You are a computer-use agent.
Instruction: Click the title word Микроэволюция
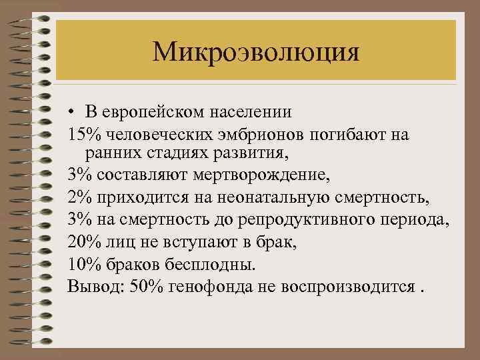coord(255,52)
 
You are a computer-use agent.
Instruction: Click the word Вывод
coord(89,287)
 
